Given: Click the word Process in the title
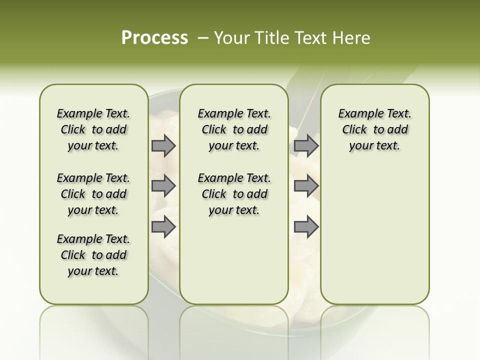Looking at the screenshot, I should [x=154, y=38].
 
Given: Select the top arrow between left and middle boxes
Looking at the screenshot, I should [x=163, y=146].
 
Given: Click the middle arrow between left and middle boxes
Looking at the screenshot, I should [x=163, y=186].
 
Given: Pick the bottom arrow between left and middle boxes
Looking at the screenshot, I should [x=163, y=227].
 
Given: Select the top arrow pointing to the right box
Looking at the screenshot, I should [x=306, y=146].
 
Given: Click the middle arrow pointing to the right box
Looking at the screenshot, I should [x=306, y=186].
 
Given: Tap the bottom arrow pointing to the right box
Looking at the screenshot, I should [x=306, y=227].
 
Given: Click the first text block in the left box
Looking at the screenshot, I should [x=93, y=129].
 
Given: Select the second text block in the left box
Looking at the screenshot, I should [x=93, y=194].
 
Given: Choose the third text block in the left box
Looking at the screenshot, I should [x=93, y=255].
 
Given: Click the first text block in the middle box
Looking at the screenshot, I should [x=234, y=129].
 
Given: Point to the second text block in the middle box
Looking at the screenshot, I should [x=234, y=194].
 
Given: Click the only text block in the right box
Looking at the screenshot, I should [x=374, y=129].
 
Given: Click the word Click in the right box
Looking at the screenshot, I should [x=354, y=130].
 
